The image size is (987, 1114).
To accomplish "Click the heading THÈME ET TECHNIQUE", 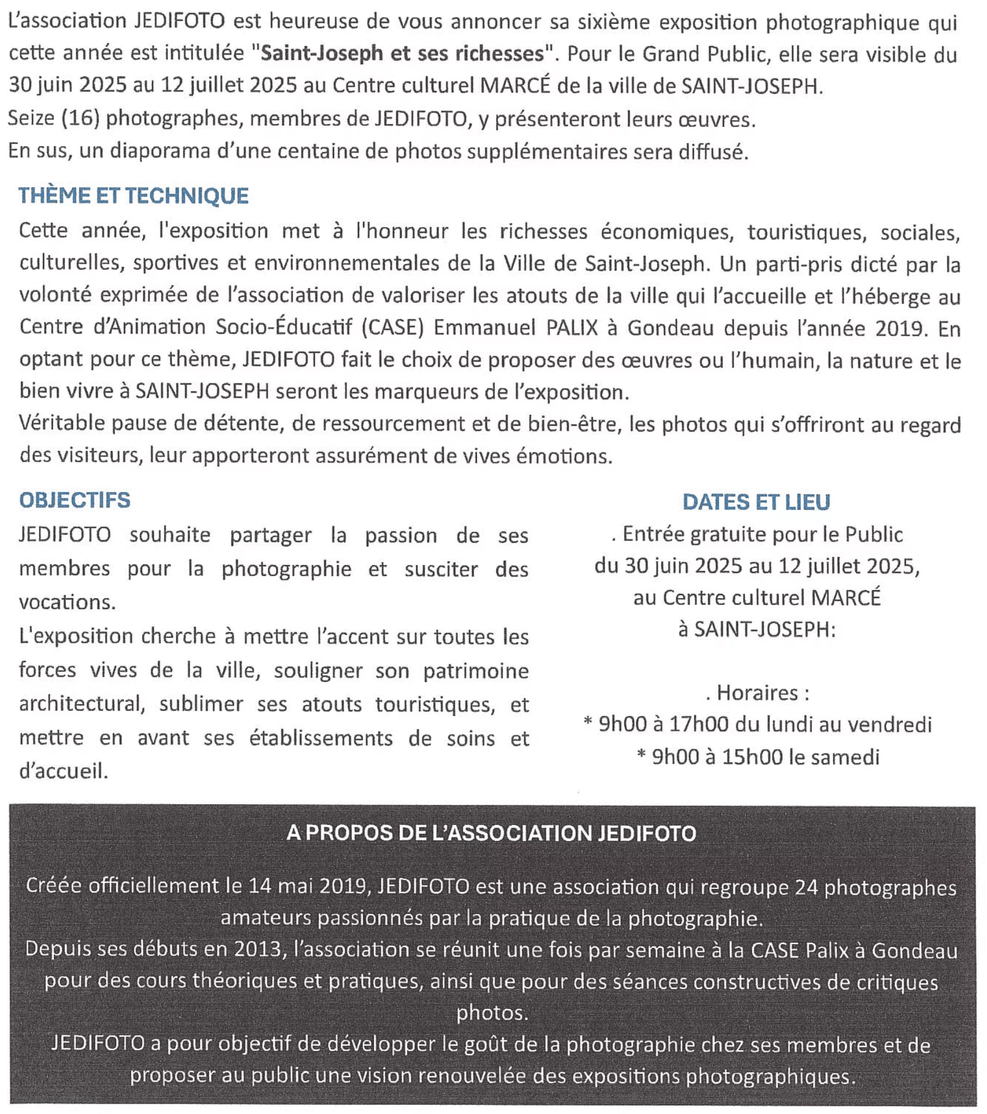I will (133, 196).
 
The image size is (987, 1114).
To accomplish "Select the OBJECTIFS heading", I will (75, 500).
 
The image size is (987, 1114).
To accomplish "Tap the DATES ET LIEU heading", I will (756, 502).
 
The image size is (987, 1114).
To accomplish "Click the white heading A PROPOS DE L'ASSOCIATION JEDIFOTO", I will (491, 833).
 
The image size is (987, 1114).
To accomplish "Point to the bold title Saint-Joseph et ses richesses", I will (403, 54).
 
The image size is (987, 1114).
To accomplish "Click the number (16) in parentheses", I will (80, 118).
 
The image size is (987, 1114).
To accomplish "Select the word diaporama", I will (161, 150).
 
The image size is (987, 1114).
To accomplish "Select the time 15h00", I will (752, 757).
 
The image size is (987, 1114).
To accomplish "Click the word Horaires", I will (758, 693).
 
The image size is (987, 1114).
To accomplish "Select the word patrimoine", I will (476, 670).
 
